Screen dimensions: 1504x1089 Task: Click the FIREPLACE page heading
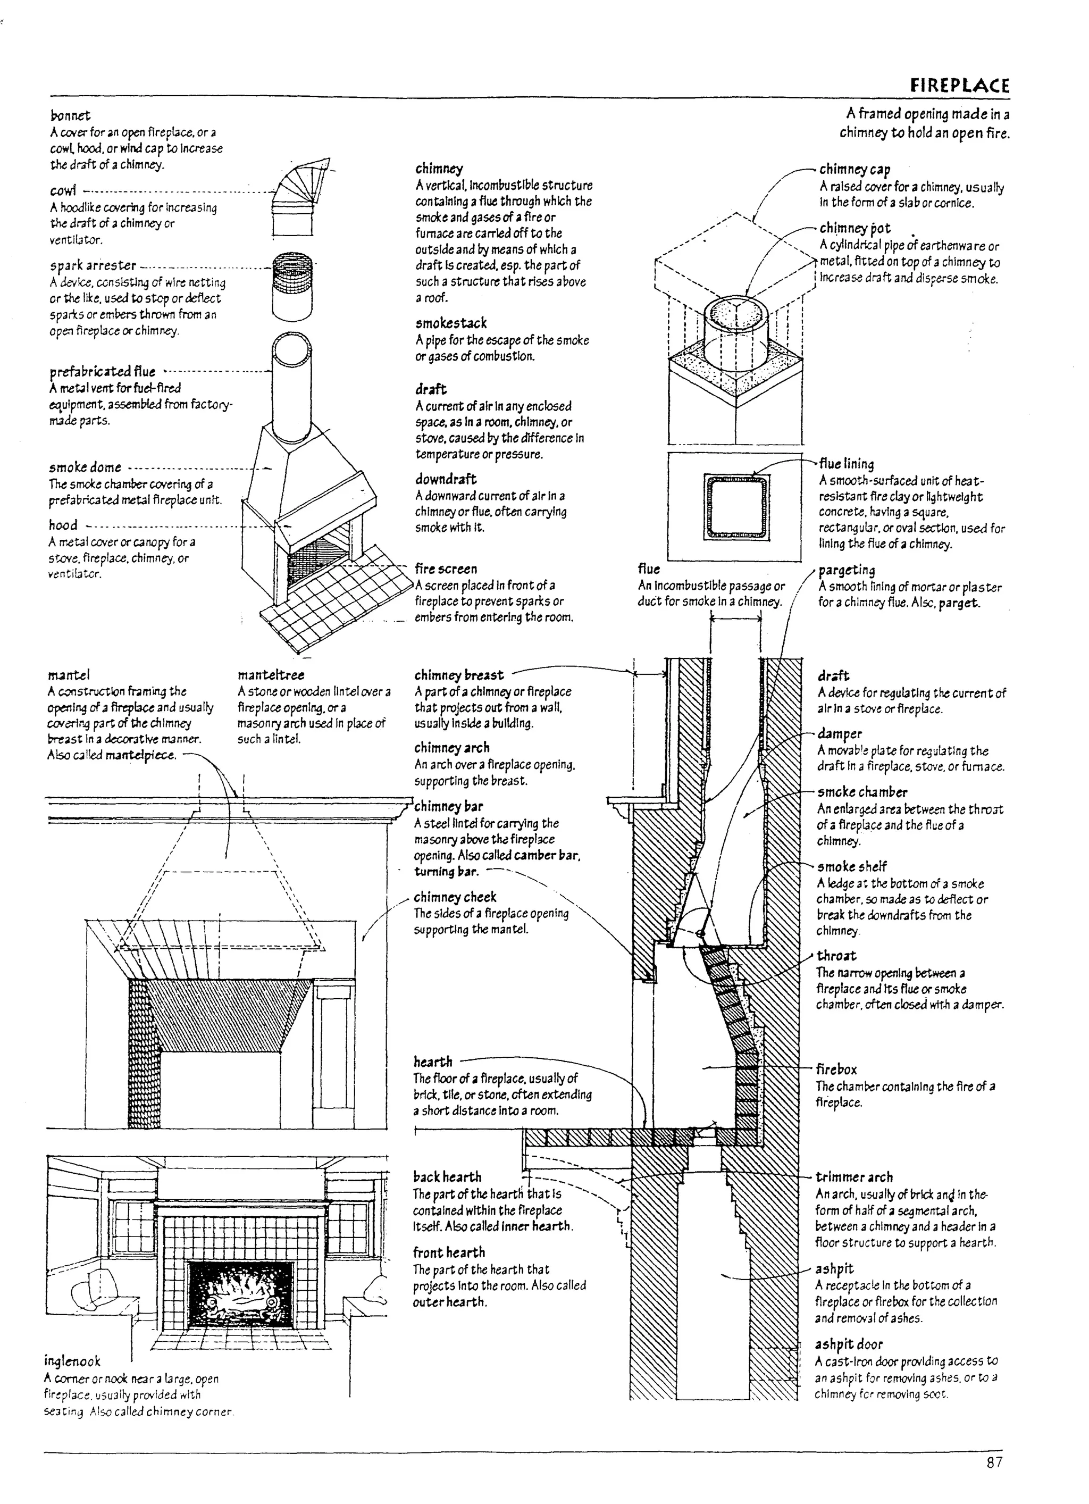(960, 86)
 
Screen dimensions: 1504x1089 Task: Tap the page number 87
(994, 1463)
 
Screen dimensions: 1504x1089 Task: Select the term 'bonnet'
(70, 115)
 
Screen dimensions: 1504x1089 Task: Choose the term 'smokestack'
(451, 323)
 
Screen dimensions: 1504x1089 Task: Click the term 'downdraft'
(446, 479)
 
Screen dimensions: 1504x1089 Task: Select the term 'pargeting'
(847, 570)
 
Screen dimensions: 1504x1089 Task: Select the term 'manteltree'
(271, 675)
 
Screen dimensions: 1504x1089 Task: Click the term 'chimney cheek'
(455, 897)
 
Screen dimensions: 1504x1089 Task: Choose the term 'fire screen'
(446, 569)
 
